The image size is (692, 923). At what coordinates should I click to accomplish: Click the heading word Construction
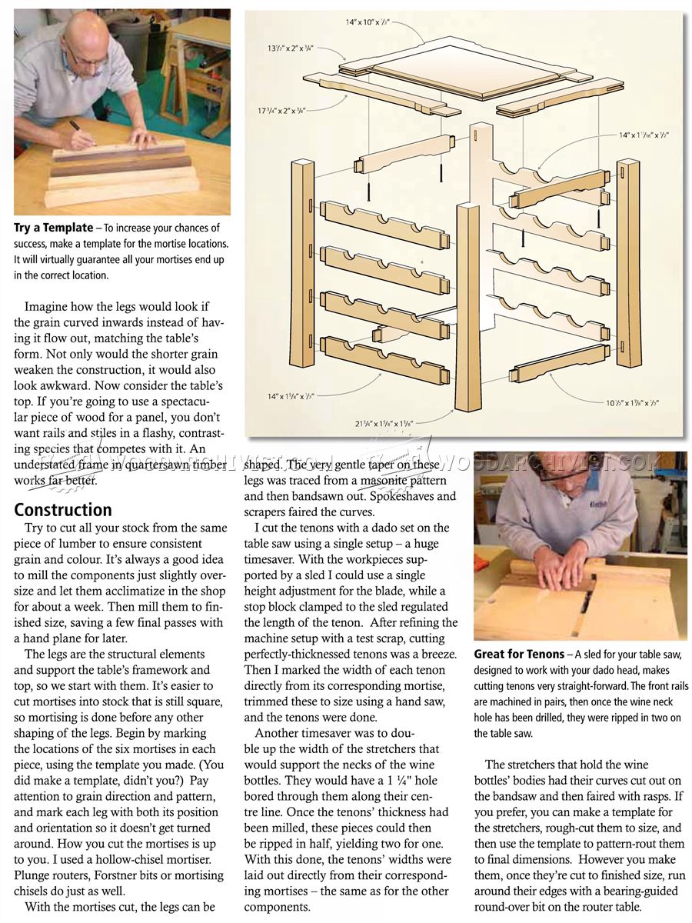point(63,510)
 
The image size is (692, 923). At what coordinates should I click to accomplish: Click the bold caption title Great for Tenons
point(519,655)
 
